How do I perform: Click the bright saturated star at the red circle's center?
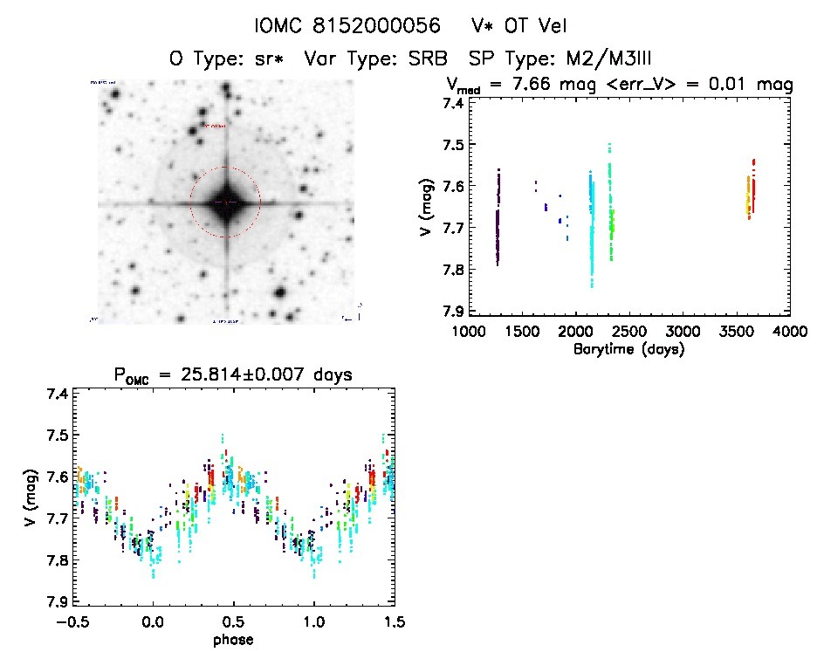tap(225, 202)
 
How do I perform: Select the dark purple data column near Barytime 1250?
tap(498, 218)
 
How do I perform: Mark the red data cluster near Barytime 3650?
tap(753, 183)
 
